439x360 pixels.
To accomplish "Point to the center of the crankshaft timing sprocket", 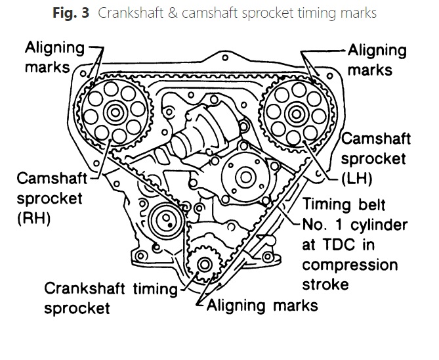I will click(x=204, y=265).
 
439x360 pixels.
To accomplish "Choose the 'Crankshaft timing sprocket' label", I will click(x=110, y=297).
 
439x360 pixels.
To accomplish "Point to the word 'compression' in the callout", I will click(x=350, y=265).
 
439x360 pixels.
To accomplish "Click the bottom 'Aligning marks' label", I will click(x=262, y=305).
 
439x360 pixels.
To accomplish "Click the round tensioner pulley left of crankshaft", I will click(x=160, y=221).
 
